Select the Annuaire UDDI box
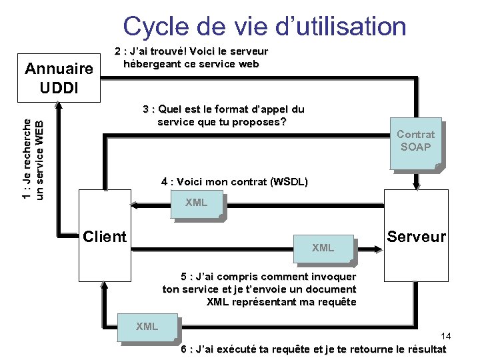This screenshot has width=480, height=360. pos(59,77)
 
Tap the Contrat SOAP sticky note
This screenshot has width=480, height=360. pos(415,141)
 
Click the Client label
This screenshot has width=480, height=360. pos(104,237)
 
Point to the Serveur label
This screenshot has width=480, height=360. pos(417,237)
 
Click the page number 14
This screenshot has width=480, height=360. pos(446,336)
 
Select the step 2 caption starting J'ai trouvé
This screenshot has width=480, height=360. pos(191,58)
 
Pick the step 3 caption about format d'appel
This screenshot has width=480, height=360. pos(223,115)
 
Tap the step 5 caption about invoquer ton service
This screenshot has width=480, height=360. pos(259,289)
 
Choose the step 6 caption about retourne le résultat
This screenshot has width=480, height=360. pos(313,349)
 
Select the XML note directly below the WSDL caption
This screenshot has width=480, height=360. pos(196,203)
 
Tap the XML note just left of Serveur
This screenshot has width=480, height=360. pos(323,247)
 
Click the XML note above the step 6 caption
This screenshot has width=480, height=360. pos(147,326)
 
